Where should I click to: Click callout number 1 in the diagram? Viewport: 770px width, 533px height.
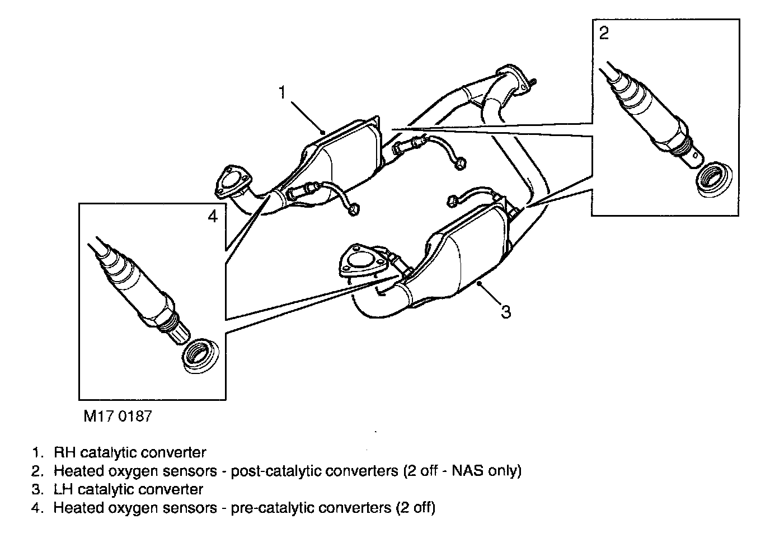[x=283, y=92]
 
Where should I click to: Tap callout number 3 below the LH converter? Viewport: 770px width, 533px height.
[x=506, y=311]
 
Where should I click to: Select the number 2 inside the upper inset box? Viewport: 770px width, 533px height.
[x=604, y=34]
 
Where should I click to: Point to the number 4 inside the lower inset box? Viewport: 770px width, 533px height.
[x=212, y=216]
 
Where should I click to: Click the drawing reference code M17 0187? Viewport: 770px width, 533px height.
[x=118, y=417]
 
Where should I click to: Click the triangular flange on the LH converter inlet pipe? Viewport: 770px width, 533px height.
[x=361, y=260]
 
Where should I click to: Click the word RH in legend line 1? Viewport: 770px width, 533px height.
[x=63, y=452]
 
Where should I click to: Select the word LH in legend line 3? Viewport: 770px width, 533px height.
[x=63, y=489]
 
